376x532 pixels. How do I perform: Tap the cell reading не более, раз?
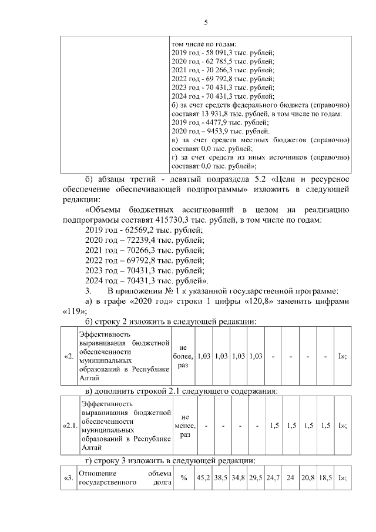(x=183, y=357)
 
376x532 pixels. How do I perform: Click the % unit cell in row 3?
(x=183, y=478)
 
